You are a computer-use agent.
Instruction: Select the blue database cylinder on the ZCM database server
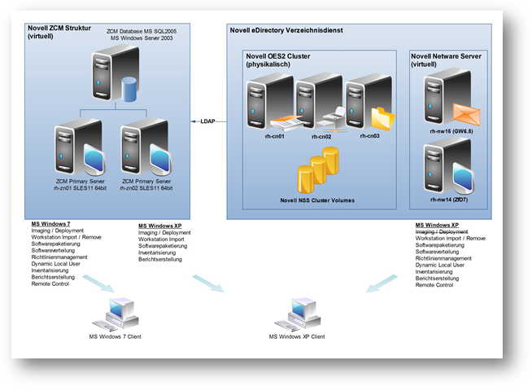[x=127, y=89]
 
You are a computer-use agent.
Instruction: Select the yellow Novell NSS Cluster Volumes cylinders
[x=316, y=170]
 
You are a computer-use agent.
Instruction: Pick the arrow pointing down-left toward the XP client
[x=382, y=282]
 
